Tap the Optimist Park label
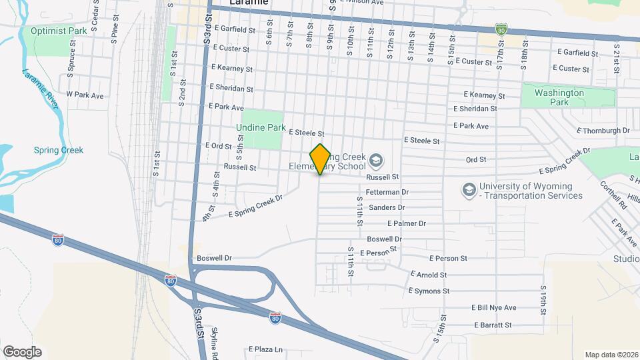coord(59,31)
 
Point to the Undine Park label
coord(261,127)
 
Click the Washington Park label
coord(559,97)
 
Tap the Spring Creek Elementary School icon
coord(376,161)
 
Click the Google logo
coord(22,351)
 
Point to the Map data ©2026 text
coord(611,355)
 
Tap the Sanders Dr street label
coord(382,208)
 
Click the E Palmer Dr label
coord(406,223)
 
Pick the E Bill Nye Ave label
coord(493,307)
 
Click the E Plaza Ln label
coord(265,349)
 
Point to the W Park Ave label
coord(85,95)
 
